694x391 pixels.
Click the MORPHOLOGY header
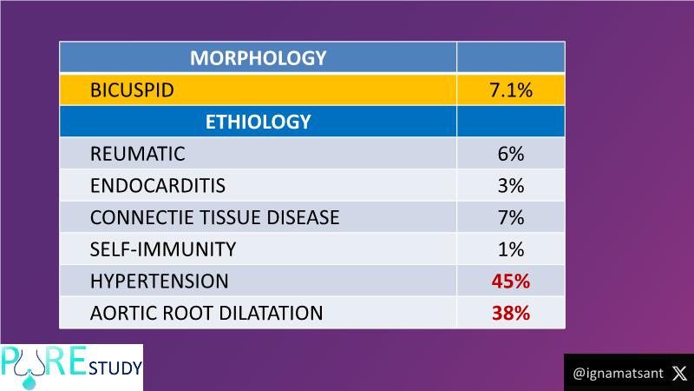pos(258,59)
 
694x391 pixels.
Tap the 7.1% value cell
pos(511,90)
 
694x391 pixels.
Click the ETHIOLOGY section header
pos(258,123)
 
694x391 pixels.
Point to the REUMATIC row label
pos(137,155)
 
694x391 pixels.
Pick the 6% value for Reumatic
pos(511,155)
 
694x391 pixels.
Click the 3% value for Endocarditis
pos(511,186)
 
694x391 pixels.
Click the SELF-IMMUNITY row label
pos(162,250)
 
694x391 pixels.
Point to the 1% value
pos(511,250)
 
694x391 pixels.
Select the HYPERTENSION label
pos(159,282)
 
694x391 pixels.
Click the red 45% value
pos(511,282)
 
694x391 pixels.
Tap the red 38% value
pos(511,313)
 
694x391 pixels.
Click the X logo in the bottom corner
pos(678,373)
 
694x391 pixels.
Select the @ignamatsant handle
pos(618,373)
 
